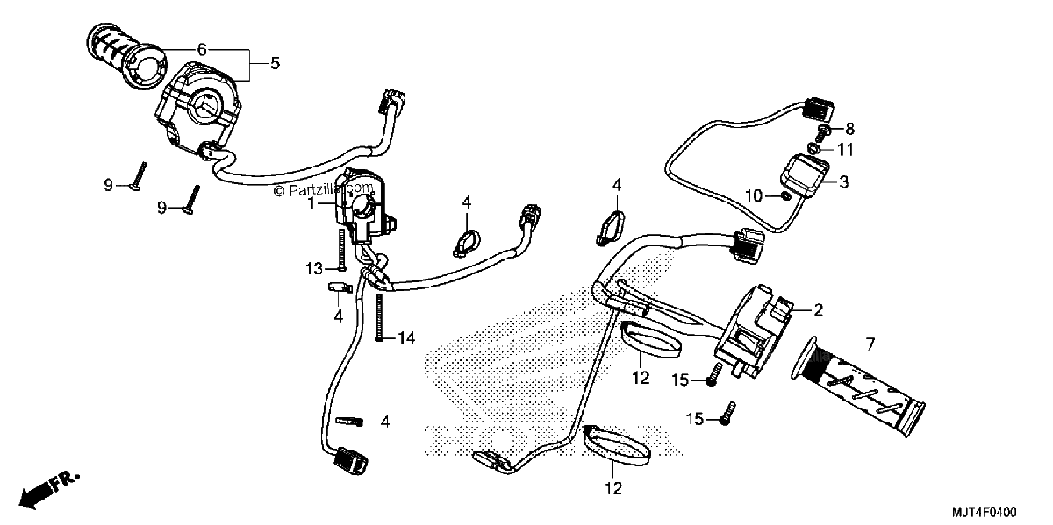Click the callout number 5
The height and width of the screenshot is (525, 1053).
[275, 63]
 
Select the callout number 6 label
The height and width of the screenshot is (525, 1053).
[202, 49]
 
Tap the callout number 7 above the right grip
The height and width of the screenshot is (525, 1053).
[870, 345]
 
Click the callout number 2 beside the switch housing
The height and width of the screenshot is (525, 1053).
[818, 310]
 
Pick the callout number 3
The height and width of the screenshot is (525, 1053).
[844, 182]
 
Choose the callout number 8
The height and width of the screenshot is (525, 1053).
[850, 129]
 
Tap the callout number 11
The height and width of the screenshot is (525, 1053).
[845, 150]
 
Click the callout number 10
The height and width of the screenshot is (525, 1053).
[754, 195]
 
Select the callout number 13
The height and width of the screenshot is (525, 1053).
[314, 269]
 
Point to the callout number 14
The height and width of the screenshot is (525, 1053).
[406, 337]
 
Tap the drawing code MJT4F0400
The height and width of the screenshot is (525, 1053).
[985, 512]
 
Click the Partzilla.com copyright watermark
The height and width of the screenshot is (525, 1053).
[324, 190]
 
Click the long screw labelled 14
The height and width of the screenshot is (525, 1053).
[379, 317]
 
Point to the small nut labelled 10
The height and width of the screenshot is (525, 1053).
[784, 195]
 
